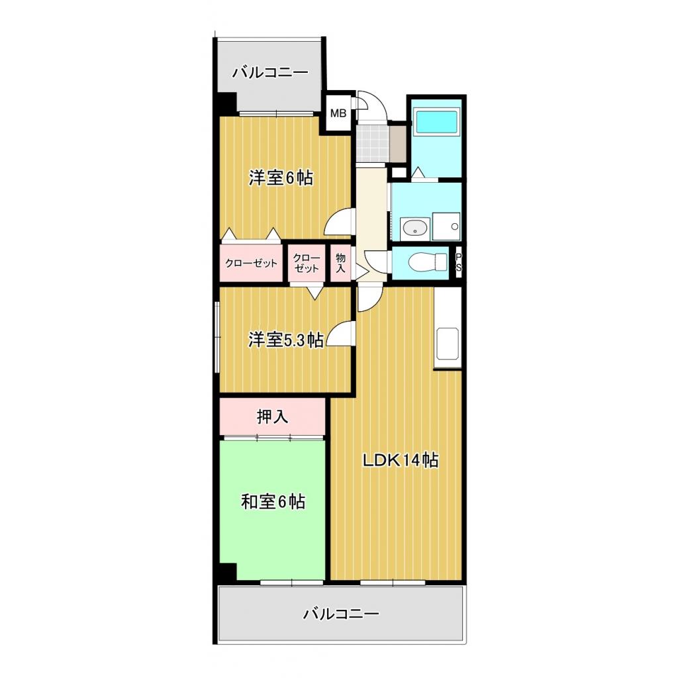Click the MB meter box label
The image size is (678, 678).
coord(338,113)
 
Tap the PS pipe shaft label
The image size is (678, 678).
coord(458,263)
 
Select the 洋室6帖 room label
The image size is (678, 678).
coord(281,178)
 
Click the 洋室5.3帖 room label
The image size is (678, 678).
coord(285,340)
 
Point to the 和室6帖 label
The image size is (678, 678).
coord(273,502)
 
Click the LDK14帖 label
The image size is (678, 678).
coord(400,461)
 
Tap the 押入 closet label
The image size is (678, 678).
coord(273,416)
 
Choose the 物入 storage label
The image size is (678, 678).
coord(341,263)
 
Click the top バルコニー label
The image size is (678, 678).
coord(269,72)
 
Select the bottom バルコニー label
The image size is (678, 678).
coord(341,614)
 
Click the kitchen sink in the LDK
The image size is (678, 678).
coord(448,345)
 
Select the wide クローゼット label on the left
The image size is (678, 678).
coord(252,263)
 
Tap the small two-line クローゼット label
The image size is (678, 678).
coord(307,263)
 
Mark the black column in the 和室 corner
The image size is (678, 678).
coord(227,571)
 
